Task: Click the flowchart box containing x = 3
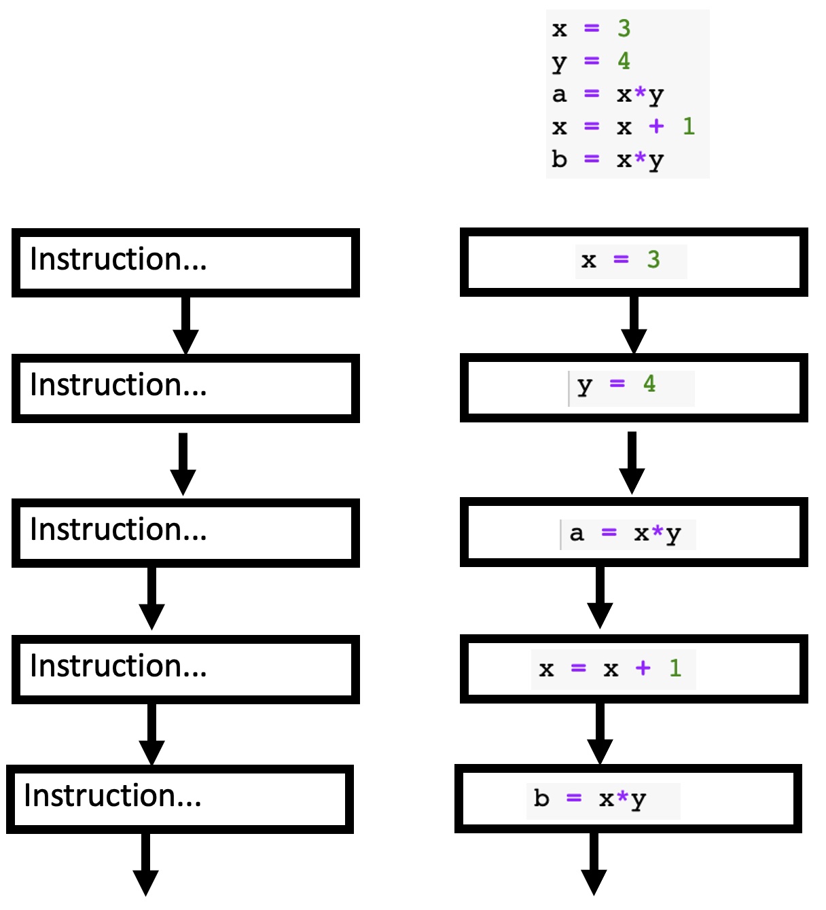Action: coord(633,262)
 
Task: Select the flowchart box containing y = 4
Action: coord(633,387)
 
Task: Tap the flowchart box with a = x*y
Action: coord(633,532)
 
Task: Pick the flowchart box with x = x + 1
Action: coord(633,669)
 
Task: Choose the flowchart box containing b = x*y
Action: coord(628,799)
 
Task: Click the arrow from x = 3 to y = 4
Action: coord(634,325)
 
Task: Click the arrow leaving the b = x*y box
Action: coord(594,864)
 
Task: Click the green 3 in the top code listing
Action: coord(624,29)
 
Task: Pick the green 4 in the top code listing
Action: coord(624,61)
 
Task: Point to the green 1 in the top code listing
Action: coord(688,126)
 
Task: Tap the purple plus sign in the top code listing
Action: coord(656,126)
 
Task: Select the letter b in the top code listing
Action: coord(559,159)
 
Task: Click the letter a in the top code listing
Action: coord(559,94)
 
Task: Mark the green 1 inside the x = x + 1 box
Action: coord(675,668)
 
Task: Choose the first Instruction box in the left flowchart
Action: coord(185,263)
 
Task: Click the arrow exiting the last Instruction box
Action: coord(145,864)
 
